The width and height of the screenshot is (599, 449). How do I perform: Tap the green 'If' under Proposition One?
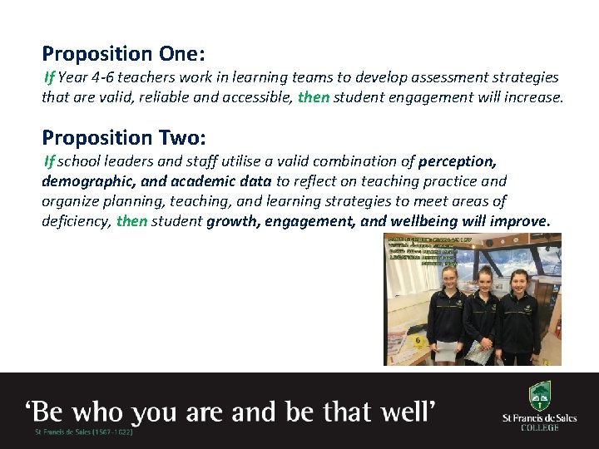coord(49,77)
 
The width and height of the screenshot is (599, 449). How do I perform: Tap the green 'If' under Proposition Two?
coord(49,160)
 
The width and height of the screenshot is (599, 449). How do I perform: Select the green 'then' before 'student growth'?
coord(131,221)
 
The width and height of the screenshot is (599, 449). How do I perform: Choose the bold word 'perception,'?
coord(458,160)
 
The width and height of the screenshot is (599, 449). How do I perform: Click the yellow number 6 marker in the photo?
coord(418,341)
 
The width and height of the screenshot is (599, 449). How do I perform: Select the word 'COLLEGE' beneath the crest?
coord(539,427)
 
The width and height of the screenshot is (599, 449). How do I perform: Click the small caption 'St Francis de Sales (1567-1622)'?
coord(83,432)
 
